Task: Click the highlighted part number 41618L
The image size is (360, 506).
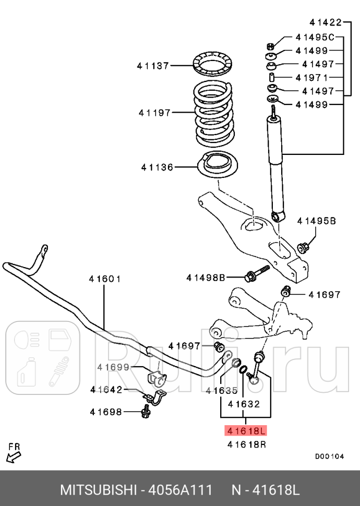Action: coord(245,431)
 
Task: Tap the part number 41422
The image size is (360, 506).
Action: coord(325,22)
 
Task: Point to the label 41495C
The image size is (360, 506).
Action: coord(315,37)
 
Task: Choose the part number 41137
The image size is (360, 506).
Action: coord(153,66)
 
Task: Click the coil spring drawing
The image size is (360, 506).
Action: coord(214,113)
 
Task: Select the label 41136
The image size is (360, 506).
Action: coord(157,167)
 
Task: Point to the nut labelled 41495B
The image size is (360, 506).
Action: coord(302,246)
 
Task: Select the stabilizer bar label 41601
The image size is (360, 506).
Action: coord(104,279)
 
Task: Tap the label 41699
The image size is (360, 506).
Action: coord(113,367)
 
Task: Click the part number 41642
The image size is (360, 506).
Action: coord(106,389)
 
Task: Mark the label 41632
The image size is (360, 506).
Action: coord(244,403)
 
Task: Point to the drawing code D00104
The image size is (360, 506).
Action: coord(329,456)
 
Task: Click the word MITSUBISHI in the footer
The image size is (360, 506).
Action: coord(98,490)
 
